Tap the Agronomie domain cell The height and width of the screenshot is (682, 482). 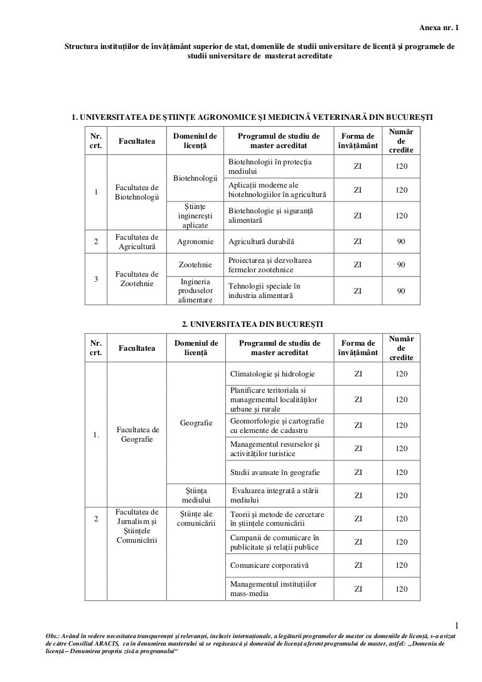coord(195,241)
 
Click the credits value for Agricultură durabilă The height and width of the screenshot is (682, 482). coord(401,241)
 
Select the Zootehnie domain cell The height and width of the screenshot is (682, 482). coord(195,265)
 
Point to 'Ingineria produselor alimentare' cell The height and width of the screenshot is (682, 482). coord(195,290)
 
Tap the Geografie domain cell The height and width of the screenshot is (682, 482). coord(195,423)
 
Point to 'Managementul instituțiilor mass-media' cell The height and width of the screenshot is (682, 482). coord(273,589)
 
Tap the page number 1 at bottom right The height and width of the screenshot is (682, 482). coord(458,625)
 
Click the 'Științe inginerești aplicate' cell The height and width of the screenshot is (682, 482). coord(195,215)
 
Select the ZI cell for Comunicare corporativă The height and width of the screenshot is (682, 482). coord(358,565)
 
